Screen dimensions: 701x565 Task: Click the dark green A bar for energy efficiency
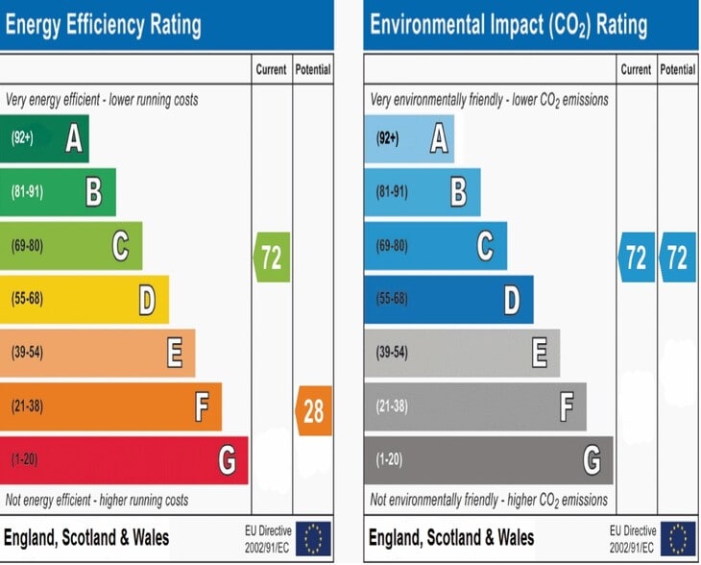click(x=44, y=138)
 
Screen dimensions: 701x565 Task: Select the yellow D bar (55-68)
click(x=85, y=299)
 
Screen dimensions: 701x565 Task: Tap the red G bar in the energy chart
click(x=124, y=460)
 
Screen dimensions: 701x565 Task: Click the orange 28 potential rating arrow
click(x=314, y=410)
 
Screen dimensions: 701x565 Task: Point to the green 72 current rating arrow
click(x=272, y=258)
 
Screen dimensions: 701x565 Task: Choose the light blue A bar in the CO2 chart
click(x=409, y=138)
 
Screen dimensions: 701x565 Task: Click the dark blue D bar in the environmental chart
click(x=448, y=299)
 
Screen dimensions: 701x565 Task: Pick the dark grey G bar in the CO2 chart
click(x=489, y=460)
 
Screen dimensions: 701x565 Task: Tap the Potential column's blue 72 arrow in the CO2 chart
click(x=678, y=258)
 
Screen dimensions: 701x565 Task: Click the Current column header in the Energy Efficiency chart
click(x=272, y=70)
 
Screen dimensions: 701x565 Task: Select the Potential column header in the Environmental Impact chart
click(x=678, y=70)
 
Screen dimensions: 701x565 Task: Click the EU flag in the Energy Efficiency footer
click(x=313, y=539)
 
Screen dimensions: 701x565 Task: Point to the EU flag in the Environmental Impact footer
click(x=678, y=539)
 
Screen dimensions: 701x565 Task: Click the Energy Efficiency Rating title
click(x=104, y=25)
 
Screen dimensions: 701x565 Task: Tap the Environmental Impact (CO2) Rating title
click(x=509, y=25)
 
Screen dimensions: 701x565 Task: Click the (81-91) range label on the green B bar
click(x=27, y=192)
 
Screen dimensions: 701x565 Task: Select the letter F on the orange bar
click(x=202, y=406)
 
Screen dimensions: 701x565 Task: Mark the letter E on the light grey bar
click(x=540, y=353)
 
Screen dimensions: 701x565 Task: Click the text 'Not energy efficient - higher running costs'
click(x=97, y=500)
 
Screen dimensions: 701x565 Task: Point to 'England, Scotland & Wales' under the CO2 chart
click(x=451, y=538)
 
